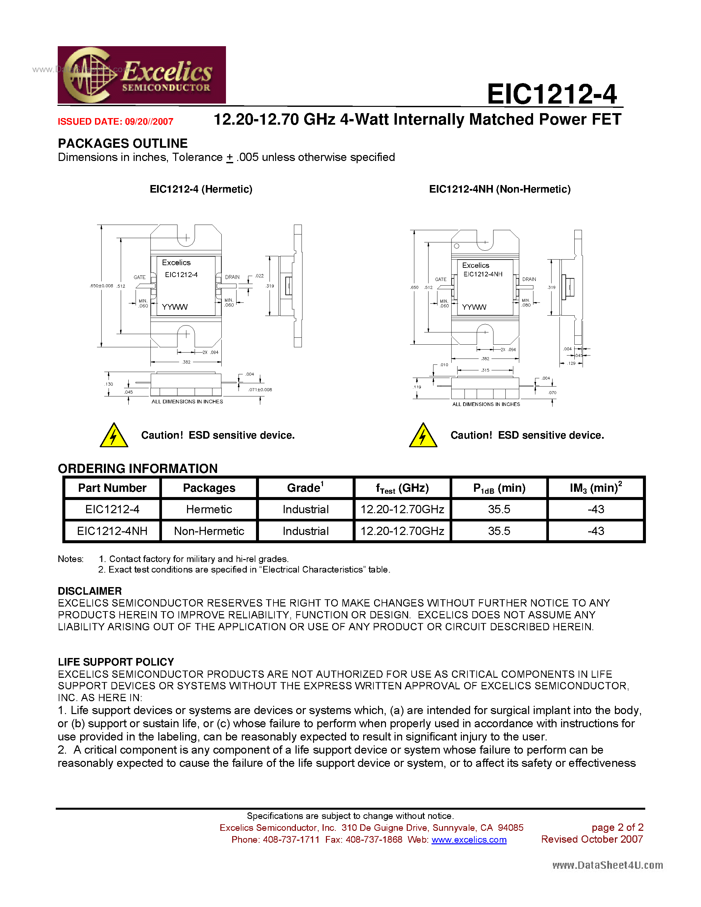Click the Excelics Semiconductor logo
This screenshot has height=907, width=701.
[141, 75]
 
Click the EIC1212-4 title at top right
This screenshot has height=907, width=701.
[552, 94]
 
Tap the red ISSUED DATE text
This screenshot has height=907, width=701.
[115, 122]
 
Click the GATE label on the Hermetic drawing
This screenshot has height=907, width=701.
[140, 277]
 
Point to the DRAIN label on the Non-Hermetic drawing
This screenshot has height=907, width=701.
[529, 279]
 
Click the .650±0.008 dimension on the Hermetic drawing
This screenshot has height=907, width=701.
[101, 286]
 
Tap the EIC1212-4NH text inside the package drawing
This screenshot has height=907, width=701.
[483, 274]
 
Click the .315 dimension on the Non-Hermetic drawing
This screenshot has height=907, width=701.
[485, 370]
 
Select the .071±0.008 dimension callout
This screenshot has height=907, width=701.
[260, 390]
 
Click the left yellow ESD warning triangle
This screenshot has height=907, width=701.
[114, 436]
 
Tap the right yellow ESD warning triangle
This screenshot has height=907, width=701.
[423, 436]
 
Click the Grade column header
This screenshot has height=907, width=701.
[305, 488]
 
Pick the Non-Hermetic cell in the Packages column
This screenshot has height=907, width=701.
[209, 531]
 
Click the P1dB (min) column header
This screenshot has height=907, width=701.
[499, 488]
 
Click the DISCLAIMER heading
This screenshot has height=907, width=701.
[90, 591]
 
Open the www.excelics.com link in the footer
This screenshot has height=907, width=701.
[469, 840]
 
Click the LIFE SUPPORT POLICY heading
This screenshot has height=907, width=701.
[116, 662]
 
